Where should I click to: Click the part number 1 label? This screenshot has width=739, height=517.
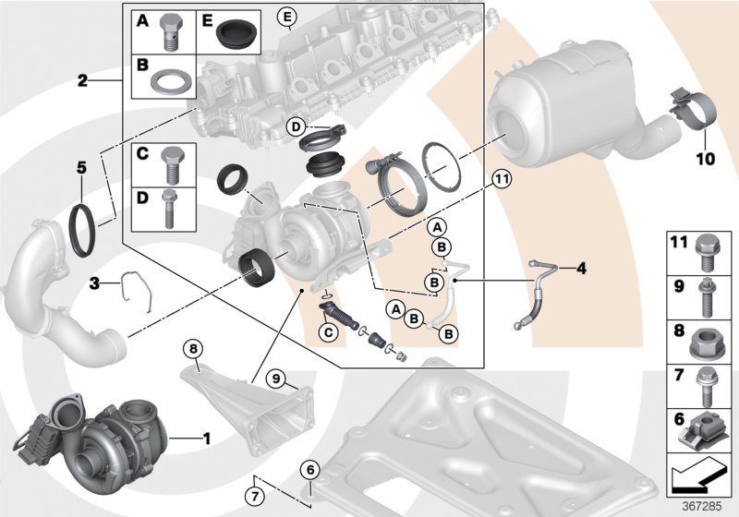coord(208,436)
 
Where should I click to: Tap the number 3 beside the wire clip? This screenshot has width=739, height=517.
coord(94,282)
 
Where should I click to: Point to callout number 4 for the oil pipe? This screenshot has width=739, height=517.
coord(581,269)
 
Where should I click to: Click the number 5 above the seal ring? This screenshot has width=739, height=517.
coord(81,168)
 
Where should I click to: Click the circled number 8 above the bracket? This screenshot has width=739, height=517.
coord(193,348)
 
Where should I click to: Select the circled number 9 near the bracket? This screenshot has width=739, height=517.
coord(274,378)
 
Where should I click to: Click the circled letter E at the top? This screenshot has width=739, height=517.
coord(287,18)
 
